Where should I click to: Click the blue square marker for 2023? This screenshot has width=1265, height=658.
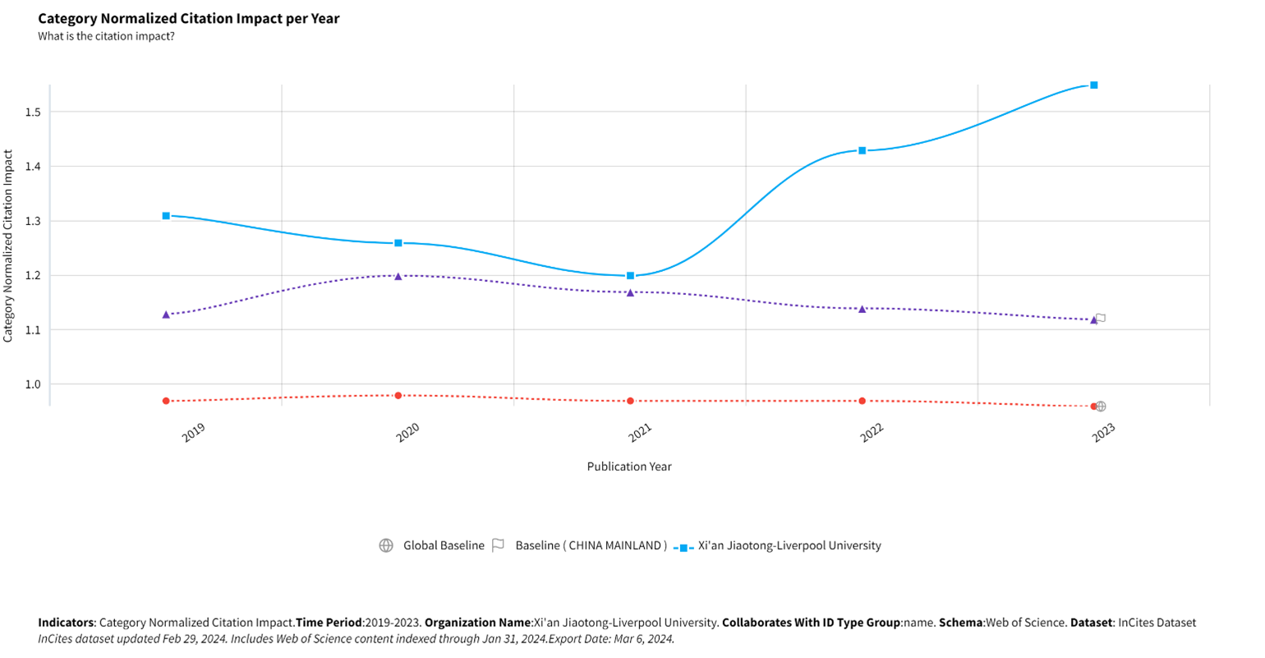click(x=1094, y=85)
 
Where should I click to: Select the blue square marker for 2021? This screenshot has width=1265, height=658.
click(x=631, y=276)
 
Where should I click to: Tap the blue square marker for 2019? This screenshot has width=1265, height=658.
click(x=166, y=216)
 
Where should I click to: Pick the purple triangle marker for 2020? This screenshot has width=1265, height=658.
click(x=398, y=276)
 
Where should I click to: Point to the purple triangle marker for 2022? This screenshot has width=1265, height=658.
click(x=862, y=309)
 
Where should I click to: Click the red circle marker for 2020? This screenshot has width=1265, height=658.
click(x=398, y=395)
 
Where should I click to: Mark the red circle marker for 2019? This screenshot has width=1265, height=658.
click(x=166, y=401)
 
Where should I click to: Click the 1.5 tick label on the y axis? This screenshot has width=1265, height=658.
click(x=34, y=113)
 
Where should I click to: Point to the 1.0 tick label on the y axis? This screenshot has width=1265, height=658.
click(x=34, y=384)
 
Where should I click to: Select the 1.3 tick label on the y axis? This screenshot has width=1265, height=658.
click(x=34, y=222)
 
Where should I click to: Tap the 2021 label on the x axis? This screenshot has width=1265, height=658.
click(x=640, y=433)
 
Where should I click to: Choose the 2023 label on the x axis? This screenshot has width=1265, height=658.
click(x=1103, y=433)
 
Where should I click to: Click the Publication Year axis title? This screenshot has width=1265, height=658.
click(x=629, y=467)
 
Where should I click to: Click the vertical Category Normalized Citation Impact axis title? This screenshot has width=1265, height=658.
click(x=8, y=246)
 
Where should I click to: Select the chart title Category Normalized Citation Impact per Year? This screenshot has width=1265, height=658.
click(x=189, y=19)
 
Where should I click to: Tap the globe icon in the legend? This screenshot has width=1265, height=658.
click(x=386, y=545)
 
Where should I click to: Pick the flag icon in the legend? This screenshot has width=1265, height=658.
click(x=498, y=545)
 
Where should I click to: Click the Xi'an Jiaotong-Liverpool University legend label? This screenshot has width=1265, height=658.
click(x=789, y=545)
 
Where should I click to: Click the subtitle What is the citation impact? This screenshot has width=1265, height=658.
click(x=106, y=36)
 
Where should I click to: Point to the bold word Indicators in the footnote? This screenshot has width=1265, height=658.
click(x=66, y=623)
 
